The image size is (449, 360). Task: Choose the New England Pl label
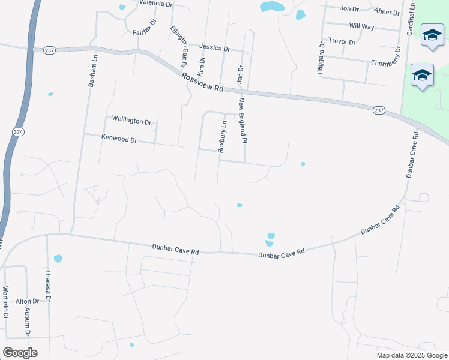tap(243, 121)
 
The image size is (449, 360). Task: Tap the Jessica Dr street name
tap(214, 47)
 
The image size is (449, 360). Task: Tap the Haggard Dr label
tap(319, 58)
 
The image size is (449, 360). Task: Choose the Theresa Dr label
tap(48, 285)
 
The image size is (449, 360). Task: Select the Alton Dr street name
tap(27, 301)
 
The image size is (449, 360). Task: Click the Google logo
tap(20, 353)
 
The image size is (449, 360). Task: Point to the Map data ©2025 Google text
tap(411, 355)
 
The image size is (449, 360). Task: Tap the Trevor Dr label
tap(342, 42)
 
